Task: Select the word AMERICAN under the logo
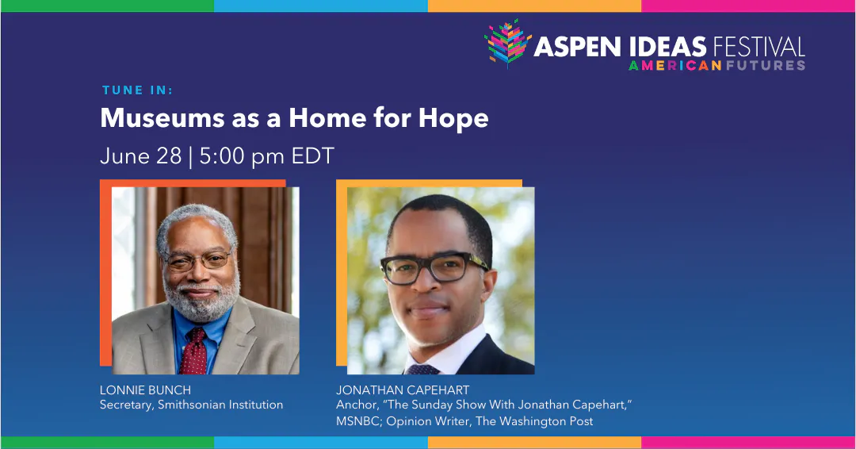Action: pyautogui.click(x=674, y=65)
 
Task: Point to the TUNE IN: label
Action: pyautogui.click(x=137, y=90)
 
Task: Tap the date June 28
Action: pyautogui.click(x=140, y=155)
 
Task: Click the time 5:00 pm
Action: pyautogui.click(x=242, y=155)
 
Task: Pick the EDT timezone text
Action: pyautogui.click(x=313, y=155)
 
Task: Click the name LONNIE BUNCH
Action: pyautogui.click(x=145, y=390)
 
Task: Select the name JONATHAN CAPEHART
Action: pyautogui.click(x=403, y=390)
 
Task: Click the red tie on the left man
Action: pyautogui.click(x=193, y=352)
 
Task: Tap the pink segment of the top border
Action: pyautogui.click(x=748, y=6)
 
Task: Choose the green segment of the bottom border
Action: pyautogui.click(x=106, y=443)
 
